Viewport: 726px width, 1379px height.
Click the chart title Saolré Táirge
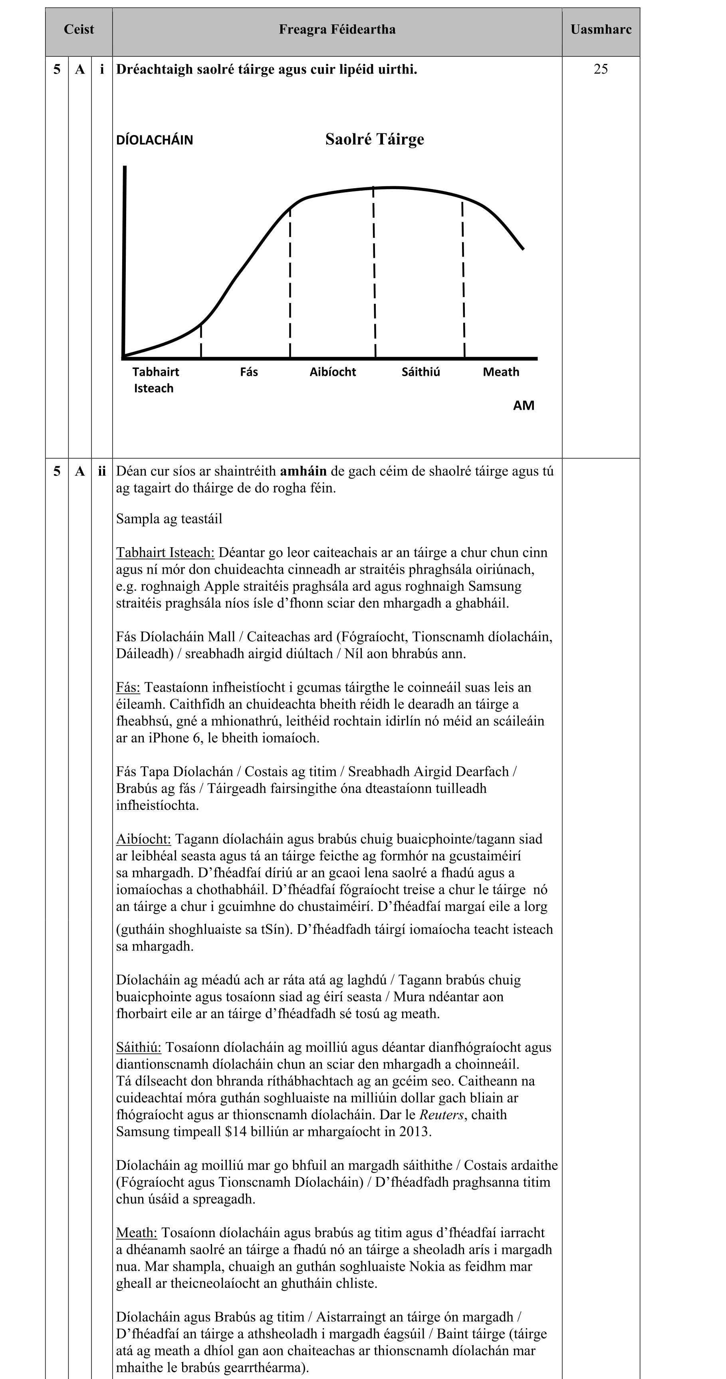375,140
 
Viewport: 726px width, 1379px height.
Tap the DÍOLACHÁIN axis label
155,140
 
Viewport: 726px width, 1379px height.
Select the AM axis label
523,406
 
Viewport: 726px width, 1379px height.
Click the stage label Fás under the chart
249,372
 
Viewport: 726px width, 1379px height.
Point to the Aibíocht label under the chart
332,372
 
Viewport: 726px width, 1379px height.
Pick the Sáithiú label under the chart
421,372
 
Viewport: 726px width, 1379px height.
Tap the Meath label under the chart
501,372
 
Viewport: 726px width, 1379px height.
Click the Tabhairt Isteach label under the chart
155,380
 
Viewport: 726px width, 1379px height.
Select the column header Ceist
79,30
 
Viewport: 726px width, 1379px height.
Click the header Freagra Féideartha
337,30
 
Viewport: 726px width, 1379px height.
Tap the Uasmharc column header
601,30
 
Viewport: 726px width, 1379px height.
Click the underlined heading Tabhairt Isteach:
165,552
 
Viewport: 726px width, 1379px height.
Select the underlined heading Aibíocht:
143,839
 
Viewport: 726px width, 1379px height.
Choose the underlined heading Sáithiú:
139,1047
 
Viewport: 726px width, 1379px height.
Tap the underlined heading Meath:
137,1232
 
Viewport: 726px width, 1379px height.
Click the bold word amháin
303,471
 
